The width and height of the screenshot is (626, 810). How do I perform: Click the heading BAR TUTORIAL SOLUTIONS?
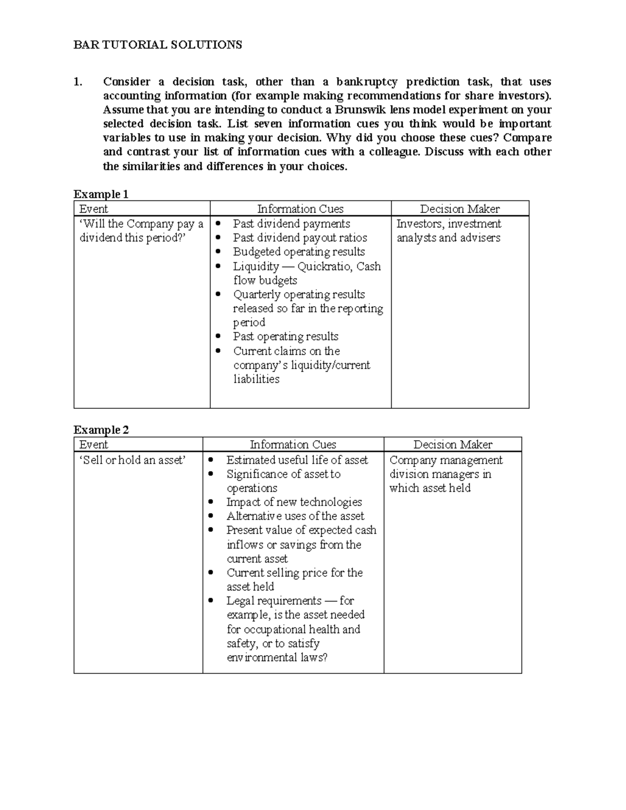tap(158, 45)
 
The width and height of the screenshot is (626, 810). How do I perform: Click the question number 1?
tap(78, 82)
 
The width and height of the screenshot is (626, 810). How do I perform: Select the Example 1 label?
tap(101, 195)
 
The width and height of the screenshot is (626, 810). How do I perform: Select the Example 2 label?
tap(101, 430)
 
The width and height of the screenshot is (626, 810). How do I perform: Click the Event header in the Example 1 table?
tap(93, 209)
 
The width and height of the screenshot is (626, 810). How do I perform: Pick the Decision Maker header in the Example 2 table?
tap(452, 445)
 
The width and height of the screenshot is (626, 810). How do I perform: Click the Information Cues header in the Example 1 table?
tap(300, 209)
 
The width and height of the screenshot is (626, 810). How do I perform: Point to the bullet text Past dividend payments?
tap(291, 224)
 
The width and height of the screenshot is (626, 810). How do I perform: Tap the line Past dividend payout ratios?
tap(300, 238)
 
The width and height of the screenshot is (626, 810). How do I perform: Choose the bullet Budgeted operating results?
tap(298, 252)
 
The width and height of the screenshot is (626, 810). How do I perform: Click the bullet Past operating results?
tap(285, 336)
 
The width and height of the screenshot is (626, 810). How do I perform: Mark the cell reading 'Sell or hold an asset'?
tap(131, 460)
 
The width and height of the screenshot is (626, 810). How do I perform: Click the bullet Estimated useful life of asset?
tap(297, 460)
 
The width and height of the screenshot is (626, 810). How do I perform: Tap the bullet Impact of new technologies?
tap(294, 502)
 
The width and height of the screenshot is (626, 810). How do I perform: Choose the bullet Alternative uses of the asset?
tap(295, 516)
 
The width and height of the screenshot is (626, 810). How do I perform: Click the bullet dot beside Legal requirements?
tap(211, 601)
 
